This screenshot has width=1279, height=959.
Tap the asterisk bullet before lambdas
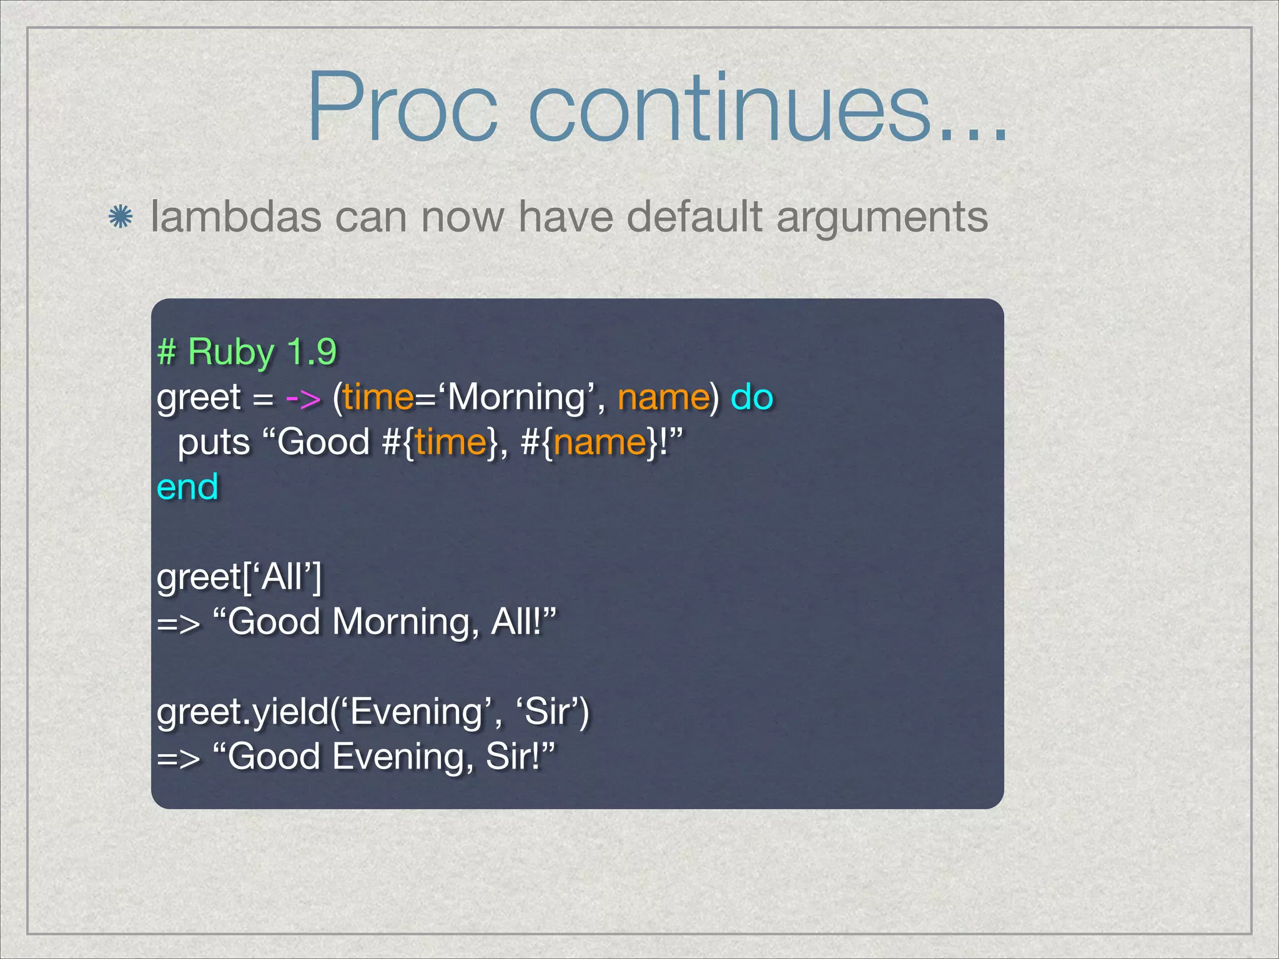120,217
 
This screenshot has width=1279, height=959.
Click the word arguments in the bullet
881,219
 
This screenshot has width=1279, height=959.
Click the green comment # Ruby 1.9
247,352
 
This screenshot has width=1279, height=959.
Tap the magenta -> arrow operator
304,398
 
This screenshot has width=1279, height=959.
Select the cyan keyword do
752,397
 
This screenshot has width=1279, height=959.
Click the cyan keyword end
187,487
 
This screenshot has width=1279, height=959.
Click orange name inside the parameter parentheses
663,398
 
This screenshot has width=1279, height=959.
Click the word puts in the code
214,443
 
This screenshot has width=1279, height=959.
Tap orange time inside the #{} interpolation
450,443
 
